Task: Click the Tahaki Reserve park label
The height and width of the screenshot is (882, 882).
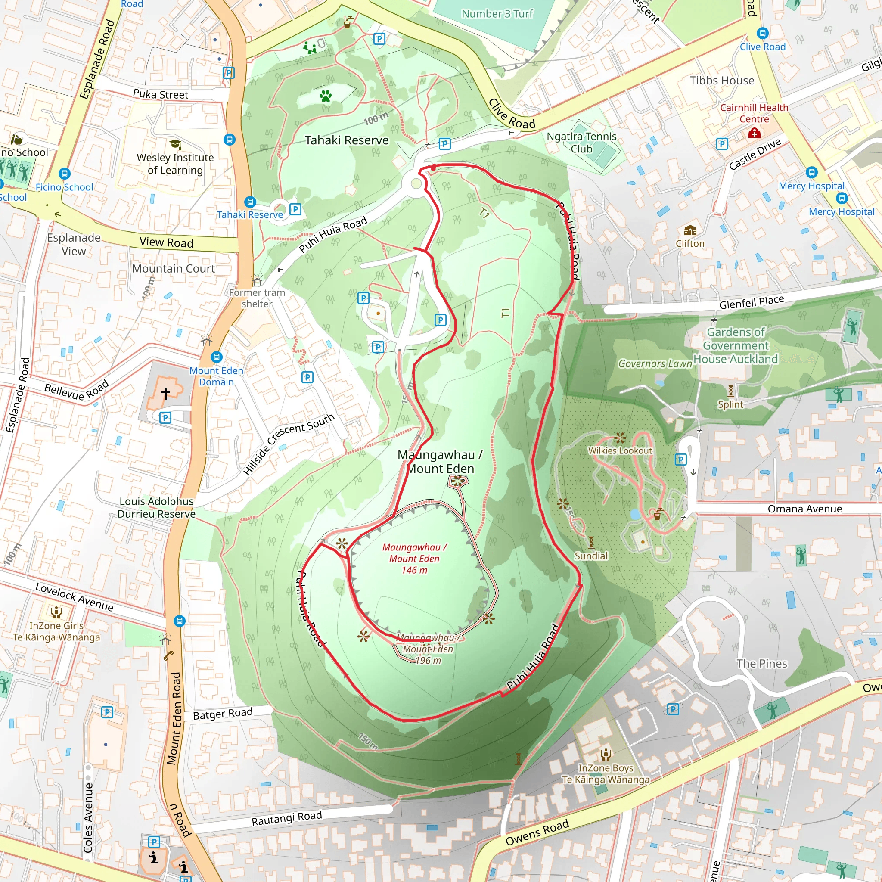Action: (x=347, y=140)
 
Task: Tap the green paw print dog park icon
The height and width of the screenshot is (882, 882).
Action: (x=326, y=96)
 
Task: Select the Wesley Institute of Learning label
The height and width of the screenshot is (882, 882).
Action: (x=175, y=164)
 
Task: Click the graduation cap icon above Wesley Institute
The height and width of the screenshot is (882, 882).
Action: (x=175, y=145)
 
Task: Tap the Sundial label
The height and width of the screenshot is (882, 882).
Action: (x=591, y=556)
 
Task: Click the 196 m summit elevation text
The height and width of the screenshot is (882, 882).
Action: (x=428, y=661)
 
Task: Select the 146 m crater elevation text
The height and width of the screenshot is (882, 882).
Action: (x=414, y=570)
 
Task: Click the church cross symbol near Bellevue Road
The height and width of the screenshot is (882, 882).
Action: (x=166, y=394)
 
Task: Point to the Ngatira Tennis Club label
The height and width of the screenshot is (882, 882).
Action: (x=581, y=143)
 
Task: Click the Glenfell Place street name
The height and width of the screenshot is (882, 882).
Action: (x=752, y=302)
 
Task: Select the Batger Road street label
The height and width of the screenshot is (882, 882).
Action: (x=223, y=714)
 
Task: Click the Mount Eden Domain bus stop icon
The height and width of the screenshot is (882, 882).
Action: (x=216, y=357)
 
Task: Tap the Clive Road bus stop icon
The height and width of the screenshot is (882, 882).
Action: (x=762, y=33)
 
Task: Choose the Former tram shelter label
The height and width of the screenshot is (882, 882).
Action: (x=257, y=298)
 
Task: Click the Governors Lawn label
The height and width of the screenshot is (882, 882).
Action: (x=655, y=364)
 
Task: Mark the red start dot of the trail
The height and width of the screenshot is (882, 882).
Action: (x=433, y=168)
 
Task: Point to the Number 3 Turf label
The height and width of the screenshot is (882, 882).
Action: (x=497, y=14)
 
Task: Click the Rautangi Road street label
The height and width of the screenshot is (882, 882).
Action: (x=287, y=818)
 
